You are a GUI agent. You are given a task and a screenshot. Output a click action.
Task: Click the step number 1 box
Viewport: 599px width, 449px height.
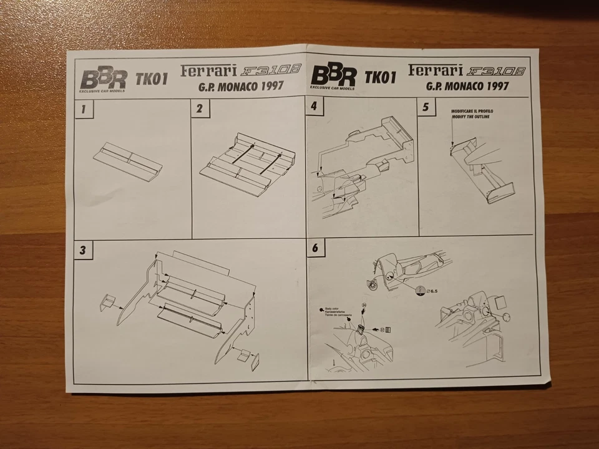tap(83, 110)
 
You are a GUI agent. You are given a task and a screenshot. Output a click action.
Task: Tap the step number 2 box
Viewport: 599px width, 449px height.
tap(200, 109)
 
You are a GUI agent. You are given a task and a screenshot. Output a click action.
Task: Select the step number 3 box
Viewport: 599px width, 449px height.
tap(83, 250)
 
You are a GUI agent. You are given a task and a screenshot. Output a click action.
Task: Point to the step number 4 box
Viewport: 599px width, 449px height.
tap(314, 107)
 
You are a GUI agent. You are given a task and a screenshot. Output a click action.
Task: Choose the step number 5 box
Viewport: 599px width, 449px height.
tap(426, 107)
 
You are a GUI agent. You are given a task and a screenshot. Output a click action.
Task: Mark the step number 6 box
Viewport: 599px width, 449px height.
tap(315, 248)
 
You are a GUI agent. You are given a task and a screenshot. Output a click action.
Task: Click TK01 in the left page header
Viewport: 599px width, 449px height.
tap(150, 79)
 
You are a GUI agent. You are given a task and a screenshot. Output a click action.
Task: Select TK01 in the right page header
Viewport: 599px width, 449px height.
tap(381, 77)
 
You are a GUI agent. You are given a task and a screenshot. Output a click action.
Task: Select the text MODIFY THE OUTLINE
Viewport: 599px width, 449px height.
tap(472, 117)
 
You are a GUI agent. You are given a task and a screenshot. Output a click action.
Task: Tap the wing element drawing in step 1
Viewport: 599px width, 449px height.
tap(128, 161)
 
